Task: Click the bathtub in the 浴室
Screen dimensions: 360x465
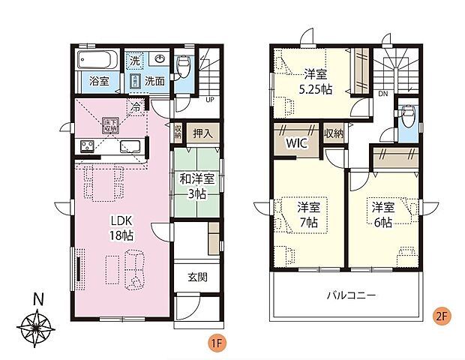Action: tap(94, 59)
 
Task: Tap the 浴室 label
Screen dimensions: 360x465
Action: tap(98, 81)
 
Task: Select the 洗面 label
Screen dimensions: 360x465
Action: tap(155, 81)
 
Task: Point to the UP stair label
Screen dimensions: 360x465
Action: tap(211, 98)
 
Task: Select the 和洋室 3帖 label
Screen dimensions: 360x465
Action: tap(197, 184)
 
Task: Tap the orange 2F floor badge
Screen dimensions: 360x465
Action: tap(442, 315)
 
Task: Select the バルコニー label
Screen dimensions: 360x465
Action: tap(351, 295)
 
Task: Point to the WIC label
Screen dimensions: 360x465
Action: tap(293, 142)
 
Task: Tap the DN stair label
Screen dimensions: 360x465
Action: tap(383, 94)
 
